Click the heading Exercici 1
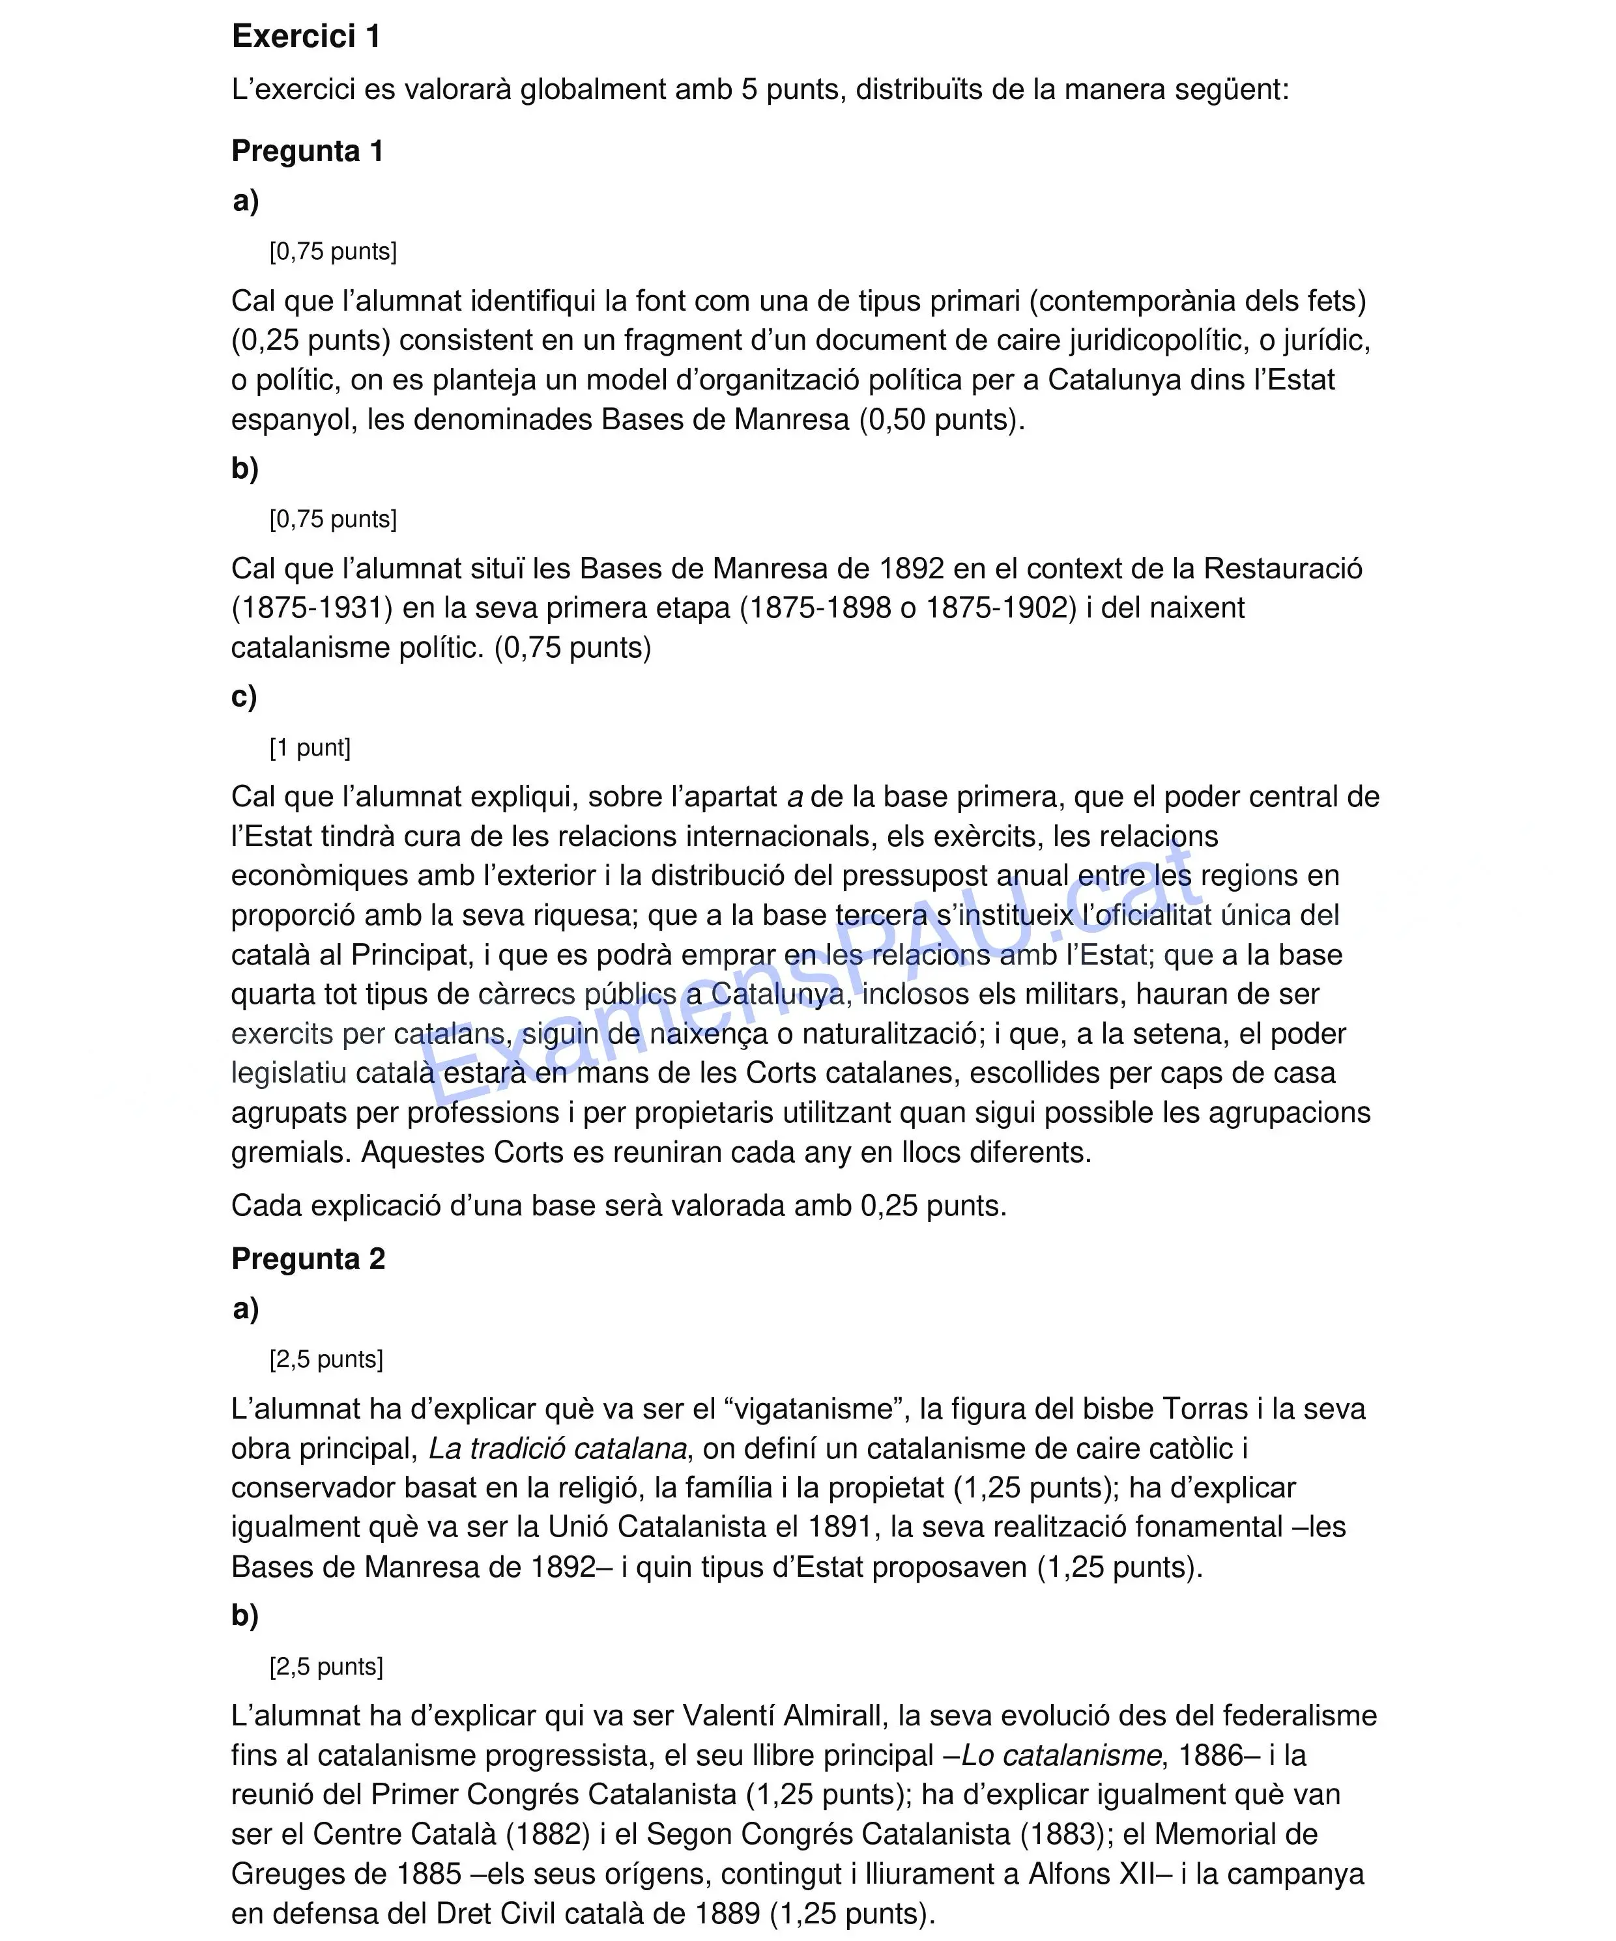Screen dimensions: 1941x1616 pos(306,36)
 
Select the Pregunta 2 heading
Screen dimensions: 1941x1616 pos(308,1259)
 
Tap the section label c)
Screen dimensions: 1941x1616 pos(244,697)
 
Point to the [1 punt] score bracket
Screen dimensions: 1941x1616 pos(310,747)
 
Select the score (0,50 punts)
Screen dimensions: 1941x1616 pos(941,419)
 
